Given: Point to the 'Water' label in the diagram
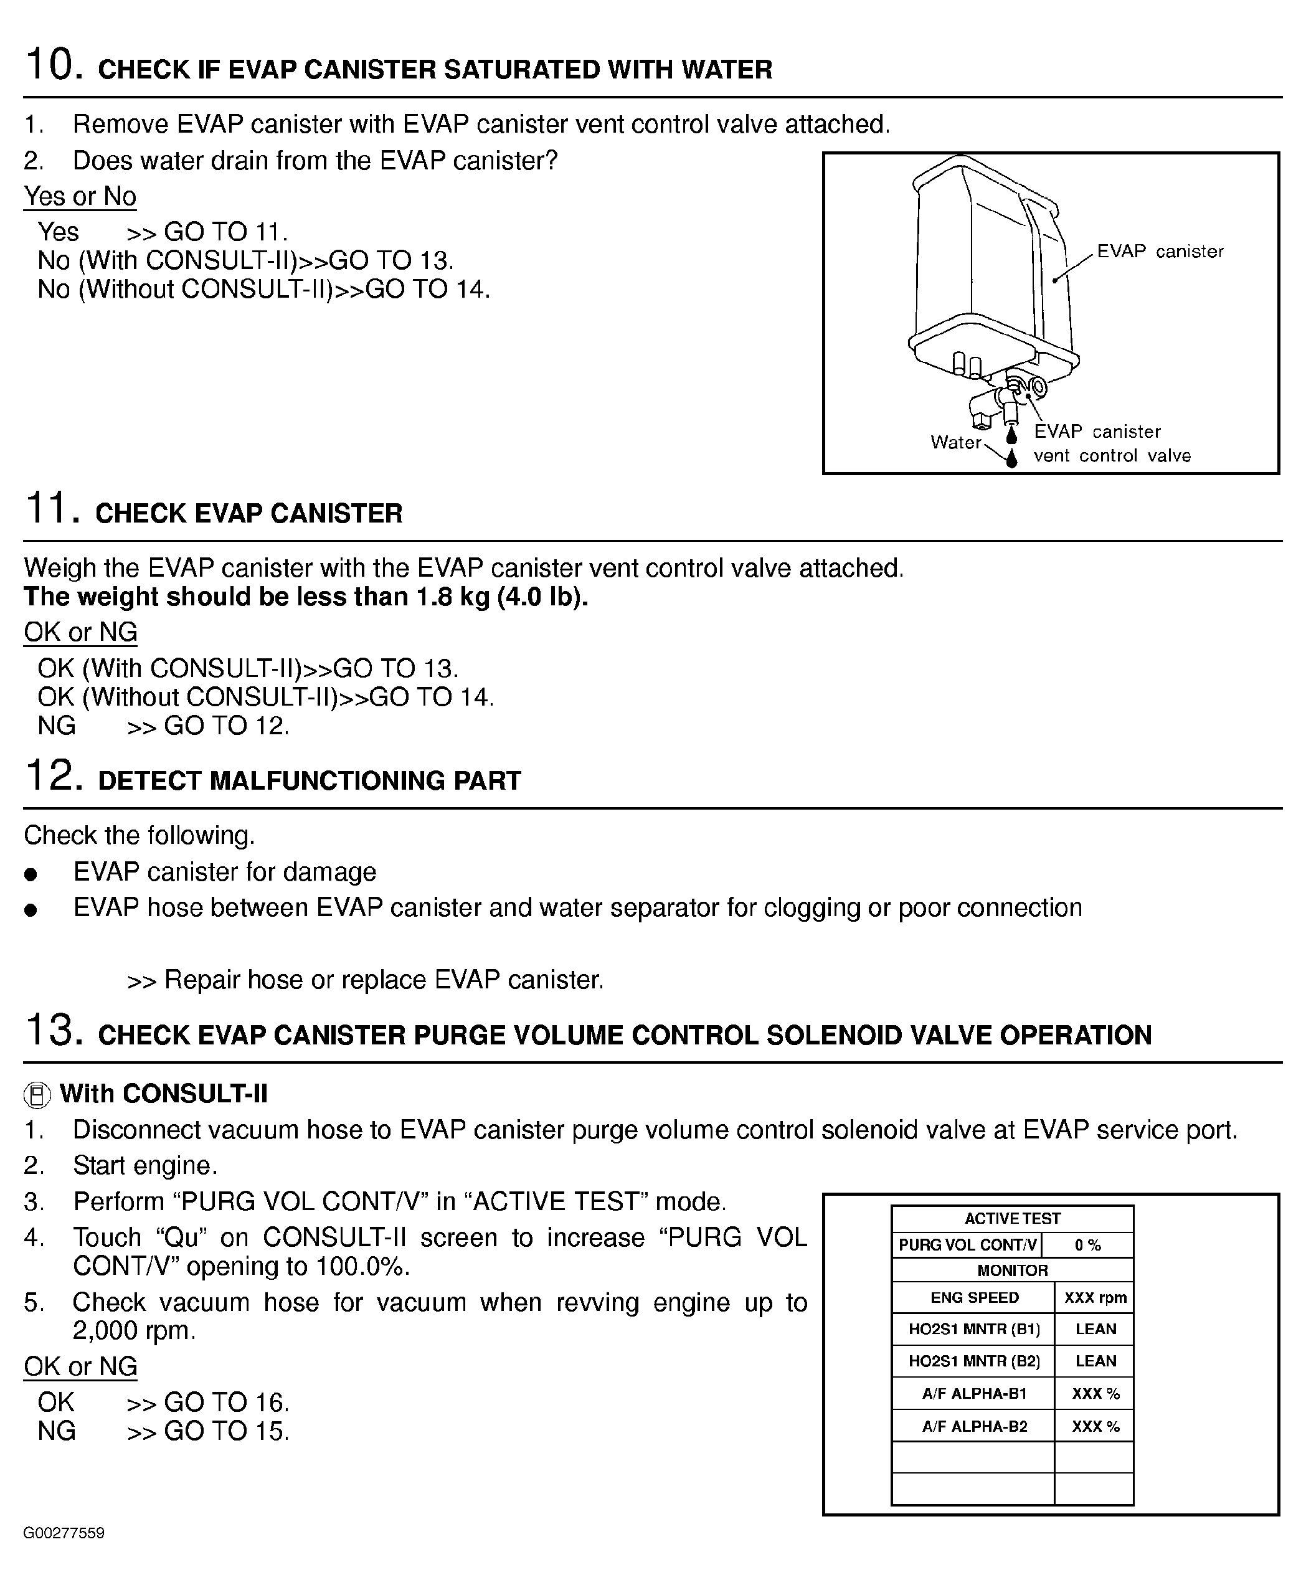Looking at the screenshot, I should (x=955, y=442).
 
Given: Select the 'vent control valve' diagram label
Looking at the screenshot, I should (x=1112, y=455).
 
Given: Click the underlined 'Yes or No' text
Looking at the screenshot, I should (x=80, y=196).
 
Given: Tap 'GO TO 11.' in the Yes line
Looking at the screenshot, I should (x=225, y=232).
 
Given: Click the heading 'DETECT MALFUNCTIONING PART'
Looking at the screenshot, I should (x=309, y=781).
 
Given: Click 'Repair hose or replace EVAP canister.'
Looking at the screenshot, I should (x=384, y=980).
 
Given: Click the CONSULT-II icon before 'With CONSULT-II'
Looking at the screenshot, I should (x=37, y=1094).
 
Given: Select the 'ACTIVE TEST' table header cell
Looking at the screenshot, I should (x=1012, y=1219).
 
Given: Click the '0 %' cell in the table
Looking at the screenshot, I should (x=1087, y=1245).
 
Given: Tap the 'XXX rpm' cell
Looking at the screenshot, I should (x=1095, y=1298).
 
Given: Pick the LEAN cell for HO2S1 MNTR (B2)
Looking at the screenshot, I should (x=1095, y=1361).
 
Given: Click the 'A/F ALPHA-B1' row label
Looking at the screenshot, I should (x=974, y=1393).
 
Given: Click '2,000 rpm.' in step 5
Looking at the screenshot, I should (x=134, y=1331).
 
